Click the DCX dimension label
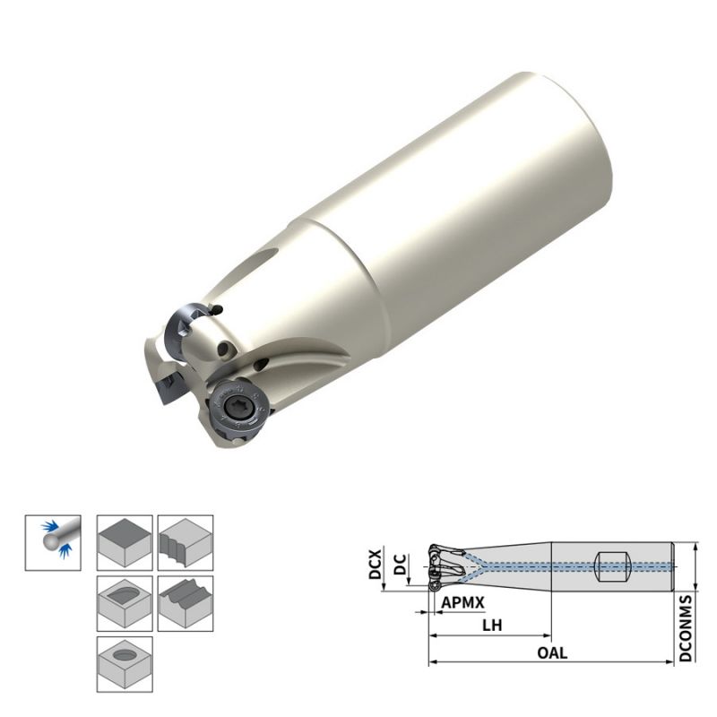click(x=376, y=564)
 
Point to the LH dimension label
click(x=491, y=625)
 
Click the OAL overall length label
click(x=551, y=652)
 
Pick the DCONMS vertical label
click(x=686, y=627)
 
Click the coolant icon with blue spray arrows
click(x=53, y=541)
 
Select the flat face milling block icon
click(x=125, y=541)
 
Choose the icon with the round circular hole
click(x=125, y=663)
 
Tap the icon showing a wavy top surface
click(x=186, y=602)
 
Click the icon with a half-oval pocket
click(x=125, y=602)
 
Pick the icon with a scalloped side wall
click(x=186, y=541)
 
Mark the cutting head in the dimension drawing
click(x=443, y=565)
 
